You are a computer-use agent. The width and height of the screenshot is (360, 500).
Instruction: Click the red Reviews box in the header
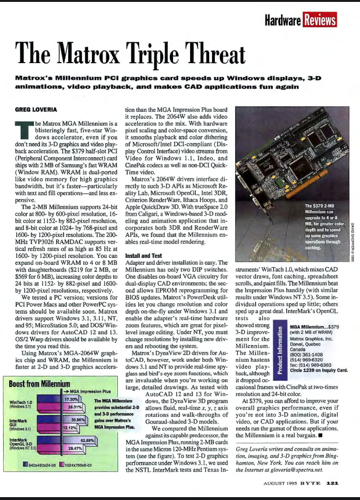point(320,19)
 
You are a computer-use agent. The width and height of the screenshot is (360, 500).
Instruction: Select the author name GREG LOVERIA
point(36,110)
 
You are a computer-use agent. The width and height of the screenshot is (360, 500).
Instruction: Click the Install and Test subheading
point(144,255)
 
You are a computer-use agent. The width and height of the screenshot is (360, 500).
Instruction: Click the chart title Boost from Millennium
point(39,384)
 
